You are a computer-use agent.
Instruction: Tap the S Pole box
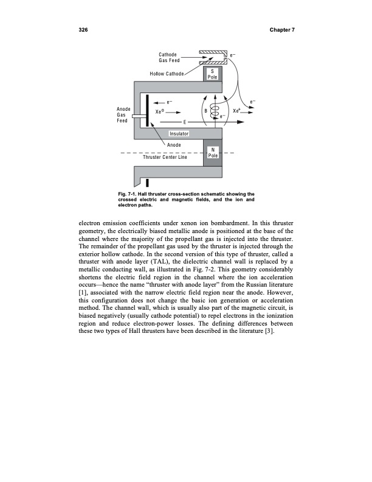click(213, 75)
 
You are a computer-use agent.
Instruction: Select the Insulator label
click(180, 133)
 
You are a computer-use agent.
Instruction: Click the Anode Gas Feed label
click(123, 114)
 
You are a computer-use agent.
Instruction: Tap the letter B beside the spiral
click(206, 111)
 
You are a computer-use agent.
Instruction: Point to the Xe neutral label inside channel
click(160, 112)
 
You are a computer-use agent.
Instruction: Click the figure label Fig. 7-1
click(130, 194)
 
